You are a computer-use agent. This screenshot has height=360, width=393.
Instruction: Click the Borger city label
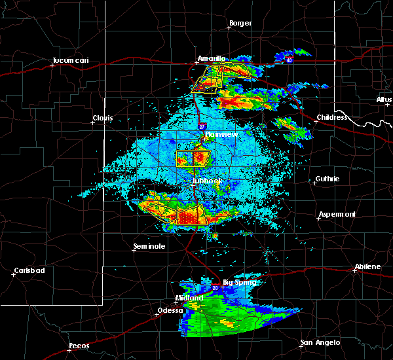click(240, 24)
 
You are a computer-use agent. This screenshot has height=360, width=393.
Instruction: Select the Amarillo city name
click(212, 58)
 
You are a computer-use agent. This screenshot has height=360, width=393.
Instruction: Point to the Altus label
click(384, 99)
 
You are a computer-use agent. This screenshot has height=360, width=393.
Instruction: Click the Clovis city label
click(103, 118)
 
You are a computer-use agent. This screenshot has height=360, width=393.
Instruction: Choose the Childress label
click(329, 118)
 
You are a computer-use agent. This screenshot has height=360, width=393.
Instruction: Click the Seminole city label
click(149, 246)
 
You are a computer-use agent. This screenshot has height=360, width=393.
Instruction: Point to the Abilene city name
click(367, 266)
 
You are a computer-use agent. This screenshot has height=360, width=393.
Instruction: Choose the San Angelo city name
click(320, 343)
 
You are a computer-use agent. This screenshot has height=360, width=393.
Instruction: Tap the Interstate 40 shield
click(289, 60)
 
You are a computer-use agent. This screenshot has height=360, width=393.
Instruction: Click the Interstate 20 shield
click(215, 287)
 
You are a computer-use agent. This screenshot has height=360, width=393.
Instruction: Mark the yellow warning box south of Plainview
click(193, 158)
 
